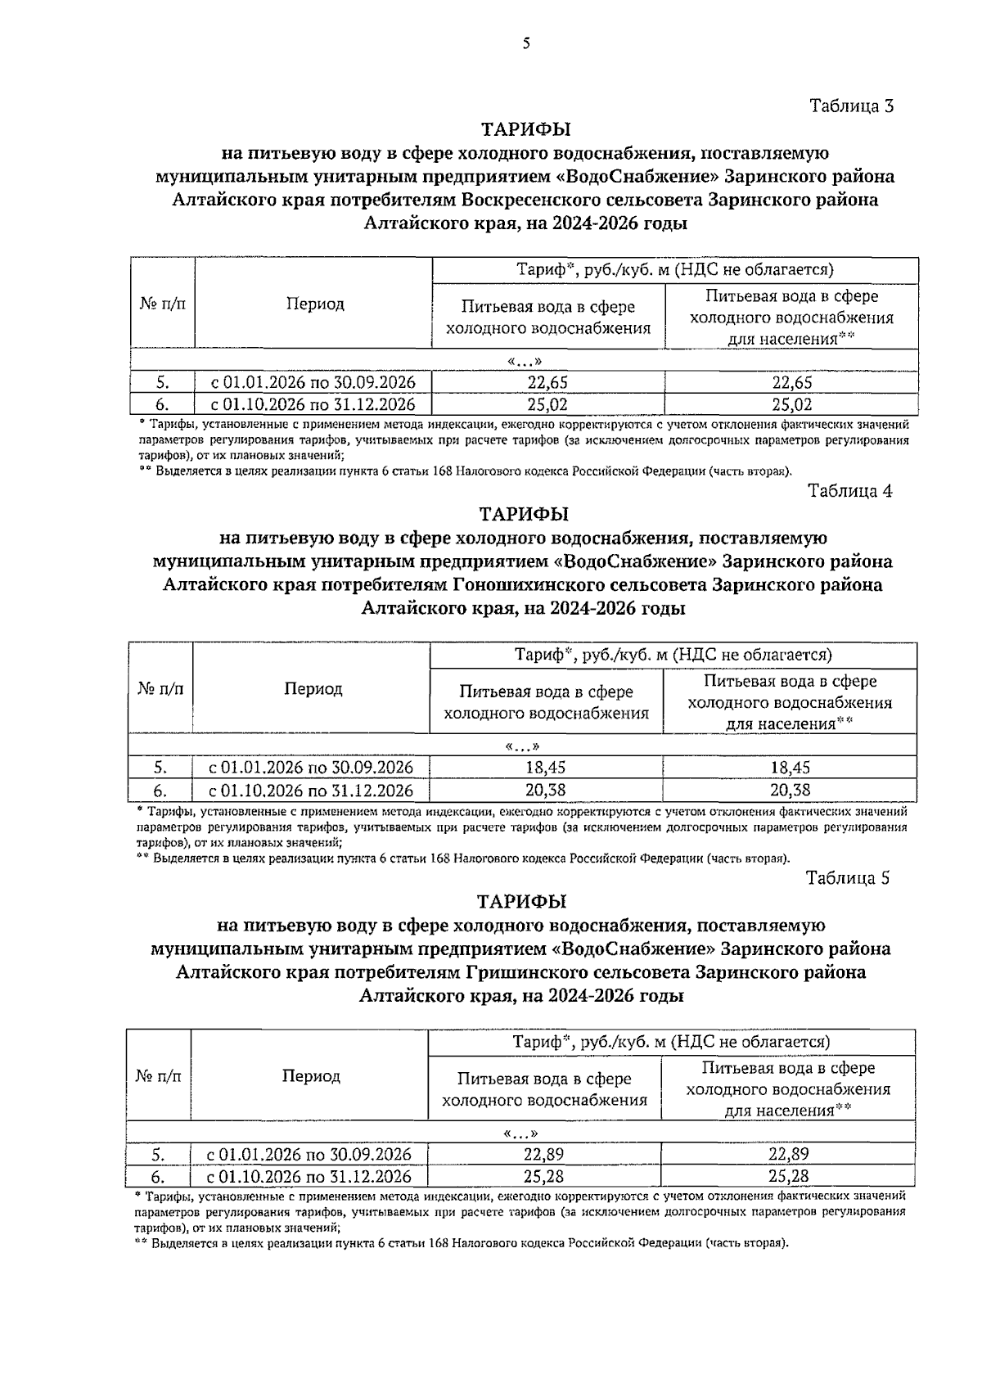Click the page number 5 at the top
click(526, 43)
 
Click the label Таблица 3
click(851, 106)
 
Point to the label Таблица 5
click(847, 878)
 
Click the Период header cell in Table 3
click(315, 304)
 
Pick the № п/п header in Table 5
click(158, 1075)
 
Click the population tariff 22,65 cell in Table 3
click(791, 382)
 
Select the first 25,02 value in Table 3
click(547, 404)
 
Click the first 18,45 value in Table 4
click(545, 768)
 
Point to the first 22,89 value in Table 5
click(543, 1155)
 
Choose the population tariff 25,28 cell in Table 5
click(788, 1177)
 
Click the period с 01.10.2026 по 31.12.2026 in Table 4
click(311, 791)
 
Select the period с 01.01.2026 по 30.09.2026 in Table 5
click(309, 1155)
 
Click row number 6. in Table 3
click(162, 404)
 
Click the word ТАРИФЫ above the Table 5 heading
click(522, 901)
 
